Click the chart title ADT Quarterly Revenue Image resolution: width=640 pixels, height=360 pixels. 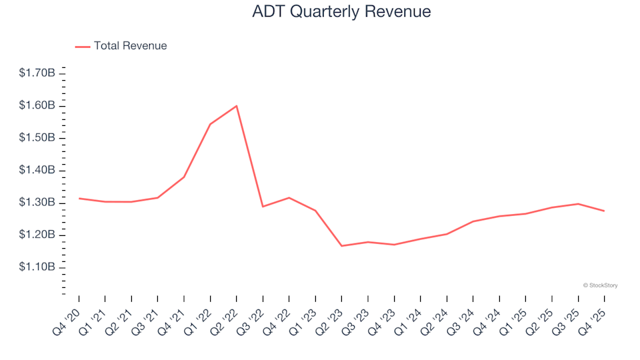[341, 12]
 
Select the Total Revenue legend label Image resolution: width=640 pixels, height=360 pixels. [130, 46]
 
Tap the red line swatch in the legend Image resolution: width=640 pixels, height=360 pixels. [83, 47]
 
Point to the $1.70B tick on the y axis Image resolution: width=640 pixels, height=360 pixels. [37, 73]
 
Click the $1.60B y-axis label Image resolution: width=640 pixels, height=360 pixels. [37, 105]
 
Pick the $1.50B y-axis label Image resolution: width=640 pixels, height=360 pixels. [37, 137]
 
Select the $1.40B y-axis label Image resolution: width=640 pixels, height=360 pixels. [37, 170]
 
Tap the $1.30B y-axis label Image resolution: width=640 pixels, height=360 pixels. [37, 203]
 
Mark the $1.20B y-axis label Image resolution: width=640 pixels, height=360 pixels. [37, 235]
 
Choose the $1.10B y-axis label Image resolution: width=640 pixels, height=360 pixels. [37, 267]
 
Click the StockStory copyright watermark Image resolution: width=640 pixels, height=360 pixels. [600, 285]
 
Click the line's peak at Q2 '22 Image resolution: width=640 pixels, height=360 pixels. [237, 106]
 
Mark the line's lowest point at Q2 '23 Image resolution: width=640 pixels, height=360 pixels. [341, 246]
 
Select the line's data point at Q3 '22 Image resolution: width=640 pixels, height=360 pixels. [263, 207]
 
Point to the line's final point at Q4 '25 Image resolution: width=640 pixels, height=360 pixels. [604, 211]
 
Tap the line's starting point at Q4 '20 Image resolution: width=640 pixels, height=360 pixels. [79, 198]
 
